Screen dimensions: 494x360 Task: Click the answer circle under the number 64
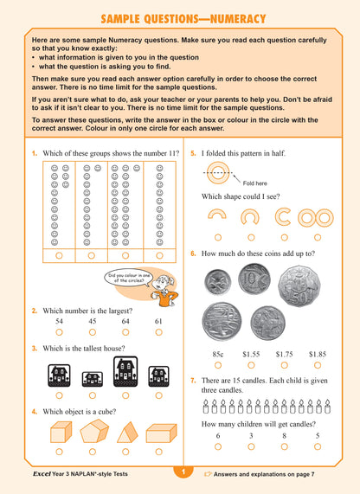click(x=125, y=331)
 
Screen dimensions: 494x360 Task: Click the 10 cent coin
click(x=257, y=281)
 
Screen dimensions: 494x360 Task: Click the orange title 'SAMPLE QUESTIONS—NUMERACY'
click(x=180, y=18)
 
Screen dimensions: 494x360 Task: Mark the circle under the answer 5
click(x=317, y=446)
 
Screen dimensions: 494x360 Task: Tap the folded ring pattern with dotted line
click(x=219, y=173)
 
